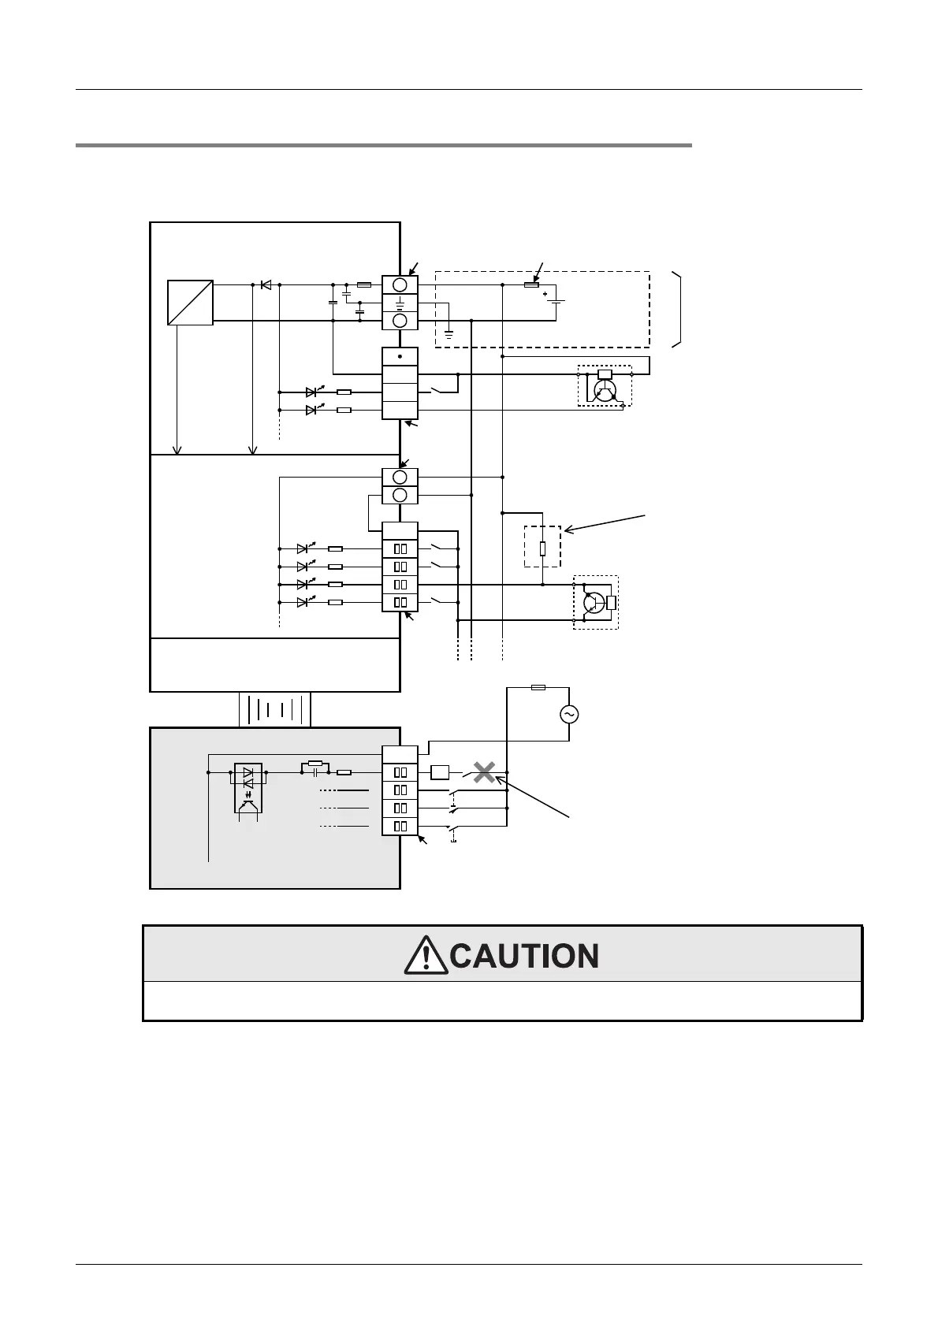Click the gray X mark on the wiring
coord(484,773)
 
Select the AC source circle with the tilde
coord(568,714)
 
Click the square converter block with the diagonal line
coord(190,302)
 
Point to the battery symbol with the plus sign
coord(556,300)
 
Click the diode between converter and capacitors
coord(266,284)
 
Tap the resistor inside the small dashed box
coord(542,548)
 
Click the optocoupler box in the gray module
coord(249,786)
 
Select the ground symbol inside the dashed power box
coord(449,333)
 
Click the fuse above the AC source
coord(538,687)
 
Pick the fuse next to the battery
coord(531,284)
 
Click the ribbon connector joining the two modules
coord(274,709)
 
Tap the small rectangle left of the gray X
coord(440,773)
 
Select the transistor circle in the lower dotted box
coord(593,602)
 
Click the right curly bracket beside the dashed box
coord(676,308)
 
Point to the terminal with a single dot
coord(400,356)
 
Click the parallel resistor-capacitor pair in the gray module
coord(315,768)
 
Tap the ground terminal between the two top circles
coord(400,303)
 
